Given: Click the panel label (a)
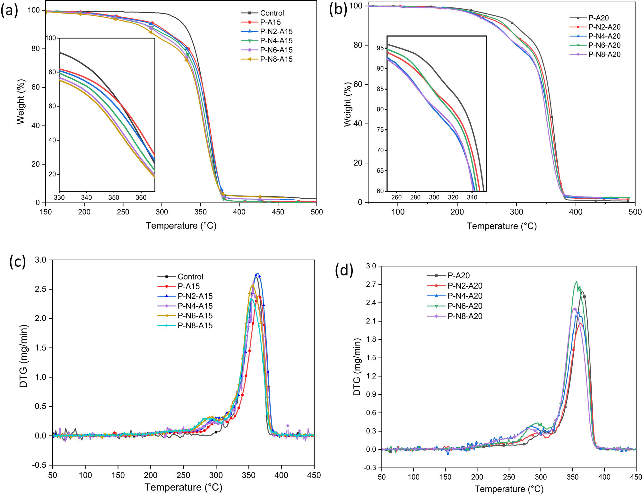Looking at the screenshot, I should click(x=9, y=11).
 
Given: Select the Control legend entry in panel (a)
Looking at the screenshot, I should click(x=272, y=13).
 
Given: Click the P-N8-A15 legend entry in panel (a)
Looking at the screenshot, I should click(x=276, y=59).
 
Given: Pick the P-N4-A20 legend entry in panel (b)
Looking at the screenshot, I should click(x=604, y=36).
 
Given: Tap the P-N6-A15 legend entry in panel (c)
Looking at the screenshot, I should click(x=195, y=316).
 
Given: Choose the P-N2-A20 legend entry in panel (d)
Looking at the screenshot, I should click(x=465, y=286).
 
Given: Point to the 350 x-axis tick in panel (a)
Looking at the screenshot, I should click(x=200, y=212).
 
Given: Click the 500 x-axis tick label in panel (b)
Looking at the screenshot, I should click(x=635, y=212).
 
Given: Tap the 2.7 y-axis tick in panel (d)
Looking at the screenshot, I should click(x=371, y=284).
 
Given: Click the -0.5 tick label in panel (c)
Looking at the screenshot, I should click(x=39, y=465).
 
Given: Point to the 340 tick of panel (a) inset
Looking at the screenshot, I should click(x=86, y=197).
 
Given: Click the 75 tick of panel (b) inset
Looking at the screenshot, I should click(x=380, y=130).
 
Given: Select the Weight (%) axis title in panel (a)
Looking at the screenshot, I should click(x=21, y=101).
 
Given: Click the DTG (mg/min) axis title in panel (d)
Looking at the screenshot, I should click(x=357, y=367).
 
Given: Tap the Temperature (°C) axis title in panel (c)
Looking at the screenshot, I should click(x=183, y=487).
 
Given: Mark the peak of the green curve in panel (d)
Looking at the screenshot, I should click(x=577, y=282).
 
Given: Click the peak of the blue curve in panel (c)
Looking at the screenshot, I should click(x=257, y=274).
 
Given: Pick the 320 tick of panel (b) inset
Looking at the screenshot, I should click(x=453, y=197).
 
